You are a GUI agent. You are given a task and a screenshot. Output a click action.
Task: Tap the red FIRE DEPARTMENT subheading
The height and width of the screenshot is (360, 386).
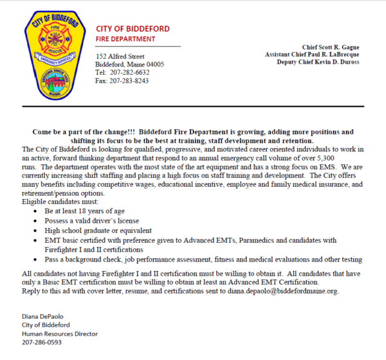pyautogui.click(x=125, y=39)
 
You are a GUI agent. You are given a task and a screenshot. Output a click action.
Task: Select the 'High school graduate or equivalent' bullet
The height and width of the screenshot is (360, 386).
pyautogui.click(x=98, y=230)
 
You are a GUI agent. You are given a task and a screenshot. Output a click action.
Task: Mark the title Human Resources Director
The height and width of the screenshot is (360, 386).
pyautogui.click(x=59, y=334)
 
